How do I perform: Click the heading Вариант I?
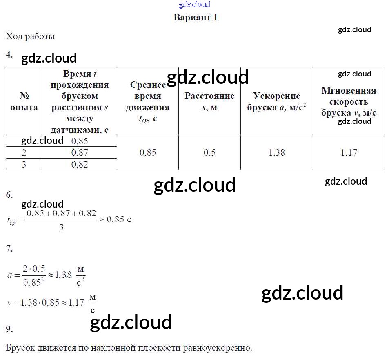pos(195,18)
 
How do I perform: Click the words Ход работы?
pos(30,36)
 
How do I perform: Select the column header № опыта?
pos(24,102)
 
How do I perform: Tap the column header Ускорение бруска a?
pos(276,102)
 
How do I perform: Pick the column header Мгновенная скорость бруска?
pos(349,102)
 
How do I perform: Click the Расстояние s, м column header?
pos(209,102)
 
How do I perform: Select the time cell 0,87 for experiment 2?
pos(79,152)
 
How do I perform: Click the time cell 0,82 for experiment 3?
pos(79,164)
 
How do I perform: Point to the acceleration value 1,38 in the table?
pos(276,152)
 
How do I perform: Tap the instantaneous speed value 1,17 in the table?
pos(349,152)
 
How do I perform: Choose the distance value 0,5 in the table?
pos(209,152)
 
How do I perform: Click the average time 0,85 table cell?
pos(148,152)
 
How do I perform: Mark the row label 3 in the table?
pos(24,164)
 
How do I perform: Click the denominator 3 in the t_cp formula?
pos(61,227)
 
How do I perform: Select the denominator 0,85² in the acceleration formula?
pos(33,282)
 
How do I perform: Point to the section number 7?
pos(9,248)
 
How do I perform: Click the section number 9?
pos(9,329)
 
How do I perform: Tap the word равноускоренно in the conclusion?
pos(217,348)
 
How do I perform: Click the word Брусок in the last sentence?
pos(20,348)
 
